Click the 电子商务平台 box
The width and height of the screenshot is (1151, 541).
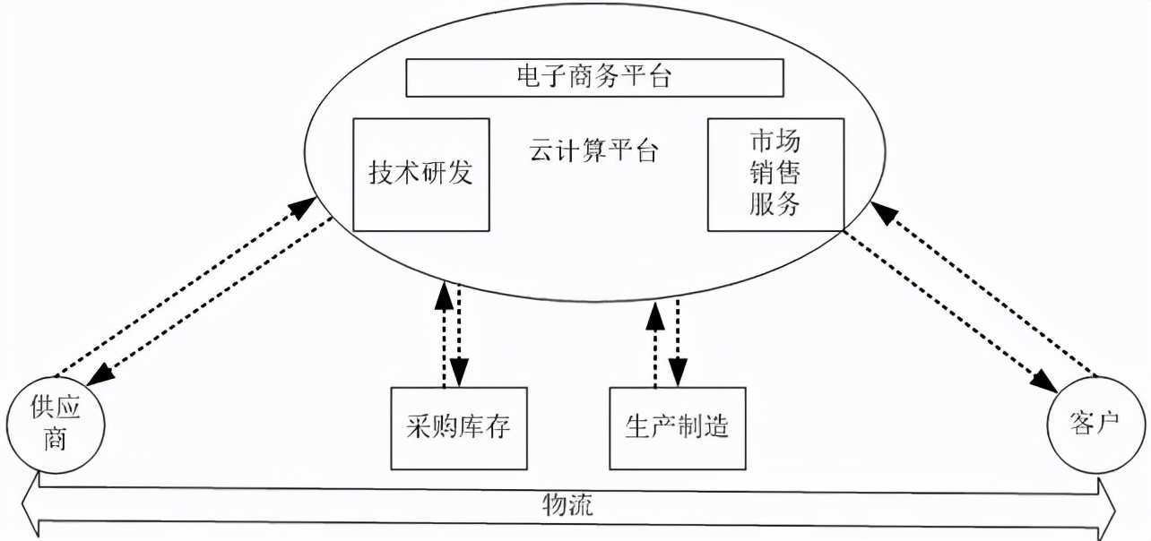point(595,78)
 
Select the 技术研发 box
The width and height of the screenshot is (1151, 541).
point(421,174)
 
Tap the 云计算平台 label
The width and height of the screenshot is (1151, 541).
point(593,150)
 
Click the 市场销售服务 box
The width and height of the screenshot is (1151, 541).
point(775,173)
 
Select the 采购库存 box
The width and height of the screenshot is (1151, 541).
point(458,427)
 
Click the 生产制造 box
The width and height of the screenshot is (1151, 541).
point(677,427)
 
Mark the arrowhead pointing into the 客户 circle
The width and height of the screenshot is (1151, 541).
point(1043,380)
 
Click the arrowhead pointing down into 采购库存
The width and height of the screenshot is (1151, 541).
point(460,369)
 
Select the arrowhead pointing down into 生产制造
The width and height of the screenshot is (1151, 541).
point(679,369)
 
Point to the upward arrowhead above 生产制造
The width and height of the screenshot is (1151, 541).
point(657,314)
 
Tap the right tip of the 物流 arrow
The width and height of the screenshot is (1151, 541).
point(1112,506)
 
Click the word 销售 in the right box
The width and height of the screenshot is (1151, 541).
point(775,173)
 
